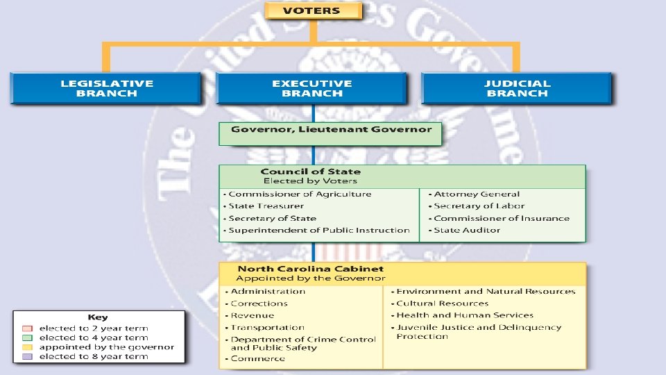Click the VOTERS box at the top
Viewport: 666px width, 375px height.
[x=312, y=10]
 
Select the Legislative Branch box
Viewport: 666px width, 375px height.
[x=106, y=88]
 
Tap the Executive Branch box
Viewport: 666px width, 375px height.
[x=311, y=88]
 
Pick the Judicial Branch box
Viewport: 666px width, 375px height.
[x=517, y=88]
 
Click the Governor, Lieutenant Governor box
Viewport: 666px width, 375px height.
[x=331, y=130]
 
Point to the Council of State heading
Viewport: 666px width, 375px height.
[x=310, y=172]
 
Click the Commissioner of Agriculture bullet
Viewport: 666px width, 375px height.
[x=300, y=194]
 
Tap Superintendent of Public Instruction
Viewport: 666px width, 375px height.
[x=318, y=231]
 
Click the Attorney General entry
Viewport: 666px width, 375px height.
[x=476, y=194]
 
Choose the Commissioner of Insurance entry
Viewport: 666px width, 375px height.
[x=501, y=219]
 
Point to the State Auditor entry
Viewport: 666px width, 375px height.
[x=466, y=231]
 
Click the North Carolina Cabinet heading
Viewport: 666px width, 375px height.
[x=310, y=269]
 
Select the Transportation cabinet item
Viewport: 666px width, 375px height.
[x=267, y=328]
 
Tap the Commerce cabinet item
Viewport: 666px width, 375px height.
[x=257, y=358]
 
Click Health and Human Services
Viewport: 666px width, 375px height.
[x=465, y=315]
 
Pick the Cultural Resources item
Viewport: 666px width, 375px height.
[x=442, y=303]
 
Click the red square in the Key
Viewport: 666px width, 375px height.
[x=26, y=328]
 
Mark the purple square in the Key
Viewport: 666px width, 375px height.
[x=26, y=356]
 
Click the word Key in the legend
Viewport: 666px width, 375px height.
[x=97, y=317]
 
